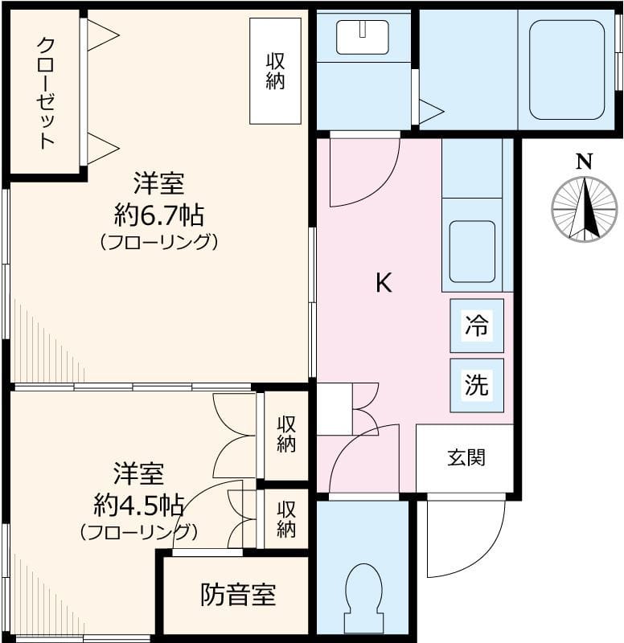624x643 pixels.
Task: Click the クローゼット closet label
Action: tap(46, 93)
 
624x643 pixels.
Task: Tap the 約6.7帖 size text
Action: tap(159, 215)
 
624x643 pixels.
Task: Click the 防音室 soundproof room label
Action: tap(238, 595)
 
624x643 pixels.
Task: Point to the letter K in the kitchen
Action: tap(384, 283)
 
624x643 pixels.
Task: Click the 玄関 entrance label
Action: tap(466, 457)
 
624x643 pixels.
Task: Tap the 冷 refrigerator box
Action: tap(477, 326)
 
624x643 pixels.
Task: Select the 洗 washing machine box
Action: tap(477, 386)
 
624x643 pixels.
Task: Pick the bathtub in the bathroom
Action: tap(567, 70)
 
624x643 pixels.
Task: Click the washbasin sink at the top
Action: tap(362, 37)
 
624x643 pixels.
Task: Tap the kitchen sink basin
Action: tap(472, 252)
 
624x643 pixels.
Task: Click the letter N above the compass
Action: tap(585, 162)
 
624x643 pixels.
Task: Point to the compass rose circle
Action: tap(585, 209)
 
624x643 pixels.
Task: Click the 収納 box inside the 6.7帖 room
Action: tap(275, 71)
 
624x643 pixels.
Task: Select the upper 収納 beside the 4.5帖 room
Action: tap(286, 435)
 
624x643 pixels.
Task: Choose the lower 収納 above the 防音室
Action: tap(286, 519)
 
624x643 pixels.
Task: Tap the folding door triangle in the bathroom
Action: tap(432, 111)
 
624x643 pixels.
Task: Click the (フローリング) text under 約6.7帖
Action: tap(159, 243)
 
